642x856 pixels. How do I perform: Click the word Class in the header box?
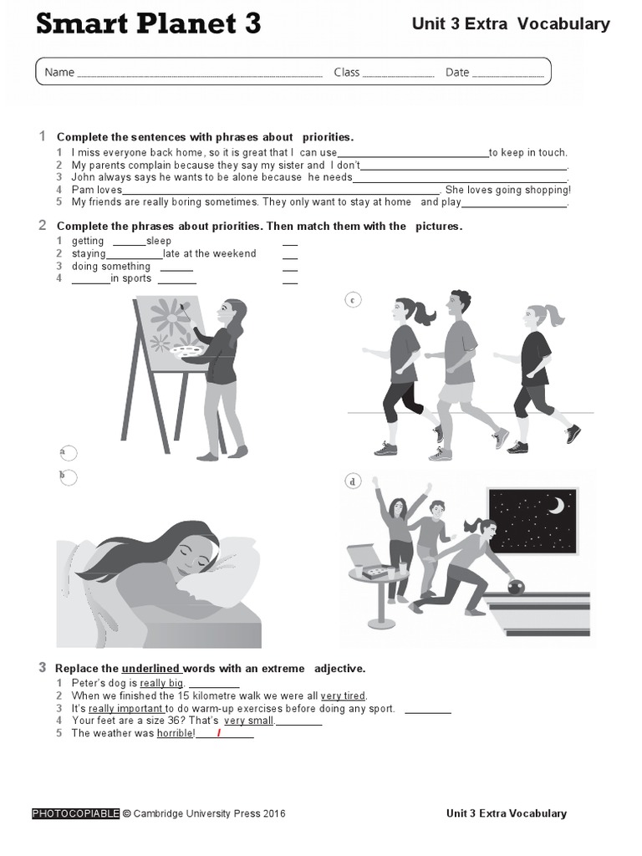coord(346,73)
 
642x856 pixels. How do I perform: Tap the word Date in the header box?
coord(457,73)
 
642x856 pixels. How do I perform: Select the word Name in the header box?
coord(59,73)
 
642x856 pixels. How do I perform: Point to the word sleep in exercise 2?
coord(159,241)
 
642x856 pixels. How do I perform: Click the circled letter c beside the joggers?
coord(354,300)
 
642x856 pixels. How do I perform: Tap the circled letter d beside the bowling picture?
coord(353,481)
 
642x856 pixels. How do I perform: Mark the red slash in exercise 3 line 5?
coord(219,733)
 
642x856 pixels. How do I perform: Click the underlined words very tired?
coord(343,695)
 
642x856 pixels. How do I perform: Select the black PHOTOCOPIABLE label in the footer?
coord(75,813)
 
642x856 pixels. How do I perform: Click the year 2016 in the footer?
coord(272,813)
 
